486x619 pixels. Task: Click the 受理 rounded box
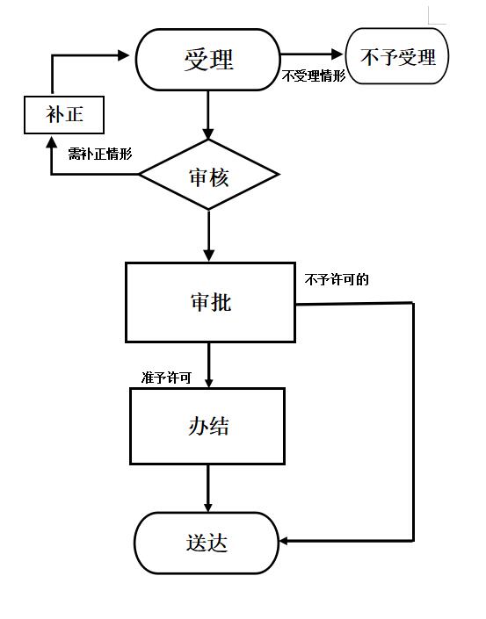coord(207,60)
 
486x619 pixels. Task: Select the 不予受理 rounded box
coord(397,55)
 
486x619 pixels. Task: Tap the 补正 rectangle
coord(64,115)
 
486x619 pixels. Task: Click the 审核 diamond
coord(209,175)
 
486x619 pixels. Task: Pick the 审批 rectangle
coord(210,302)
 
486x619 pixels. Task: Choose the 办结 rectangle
coord(207,427)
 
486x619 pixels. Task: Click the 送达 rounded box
coord(207,543)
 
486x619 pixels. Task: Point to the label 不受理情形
coord(314,76)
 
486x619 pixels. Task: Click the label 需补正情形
coord(100,153)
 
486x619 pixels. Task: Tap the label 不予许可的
coord(337,280)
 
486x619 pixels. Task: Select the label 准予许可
coord(166,378)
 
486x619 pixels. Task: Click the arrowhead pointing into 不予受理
coord(337,54)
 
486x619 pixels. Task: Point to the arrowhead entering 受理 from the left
coord(124,55)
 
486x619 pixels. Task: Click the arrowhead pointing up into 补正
coord(51,141)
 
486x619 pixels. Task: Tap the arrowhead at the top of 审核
coord(208,133)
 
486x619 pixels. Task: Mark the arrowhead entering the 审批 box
coord(209,256)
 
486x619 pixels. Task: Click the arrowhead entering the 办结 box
coord(209,382)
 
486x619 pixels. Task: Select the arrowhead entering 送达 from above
coord(208,507)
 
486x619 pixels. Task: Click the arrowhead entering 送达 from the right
coord(285,541)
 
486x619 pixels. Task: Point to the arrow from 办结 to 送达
coord(208,489)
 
